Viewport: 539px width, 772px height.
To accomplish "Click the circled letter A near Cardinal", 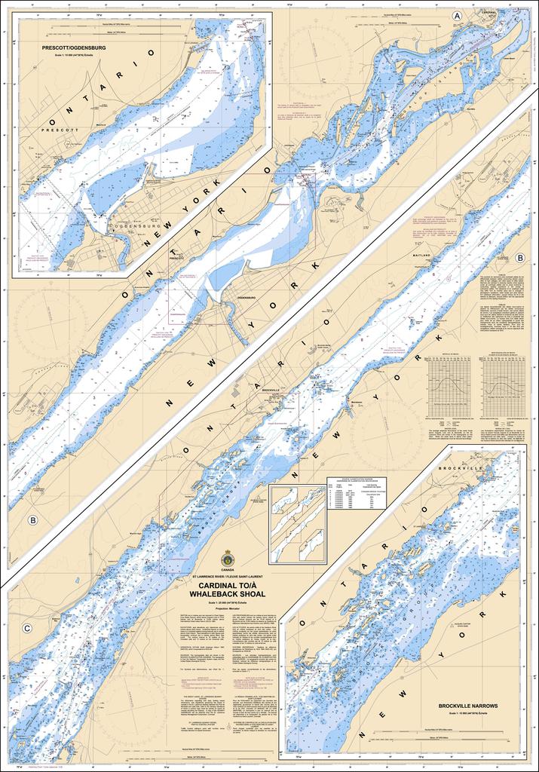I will pos(456,15).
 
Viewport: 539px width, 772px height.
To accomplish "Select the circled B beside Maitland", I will pos(520,259).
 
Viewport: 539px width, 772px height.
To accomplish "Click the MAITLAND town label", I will pos(421,256).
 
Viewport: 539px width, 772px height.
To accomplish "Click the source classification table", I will pos(356,492).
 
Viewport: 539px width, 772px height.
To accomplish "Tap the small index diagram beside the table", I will pos(297,524).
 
